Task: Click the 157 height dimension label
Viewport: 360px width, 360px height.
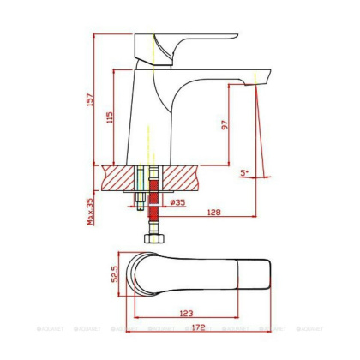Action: pyautogui.click(x=90, y=100)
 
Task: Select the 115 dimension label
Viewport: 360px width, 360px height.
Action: pyautogui.click(x=108, y=117)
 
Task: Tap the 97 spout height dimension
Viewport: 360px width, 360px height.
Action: pyautogui.click(x=225, y=124)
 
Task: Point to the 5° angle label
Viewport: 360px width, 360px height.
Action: pyautogui.click(x=244, y=173)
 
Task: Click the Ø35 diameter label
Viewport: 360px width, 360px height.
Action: pyautogui.click(x=177, y=202)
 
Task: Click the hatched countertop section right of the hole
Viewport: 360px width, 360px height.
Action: pyautogui.click(x=184, y=177)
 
